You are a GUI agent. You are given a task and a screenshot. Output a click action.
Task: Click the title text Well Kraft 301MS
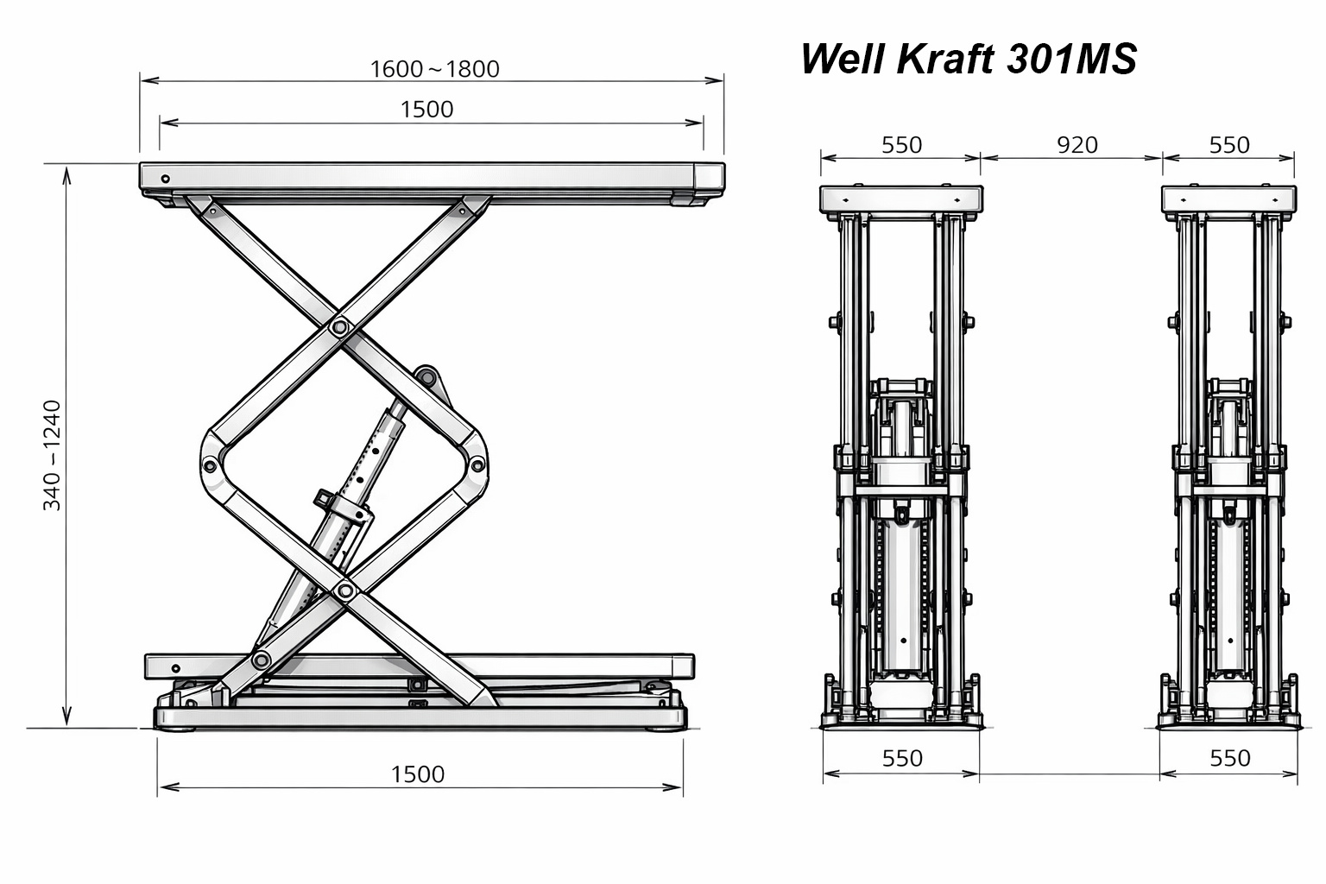pyautogui.click(x=969, y=59)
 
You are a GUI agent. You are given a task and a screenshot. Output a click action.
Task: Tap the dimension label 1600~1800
pyautogui.click(x=434, y=69)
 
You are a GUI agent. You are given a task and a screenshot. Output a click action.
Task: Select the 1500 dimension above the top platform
pyautogui.click(x=426, y=110)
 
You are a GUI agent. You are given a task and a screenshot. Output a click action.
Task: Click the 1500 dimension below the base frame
pyautogui.click(x=418, y=774)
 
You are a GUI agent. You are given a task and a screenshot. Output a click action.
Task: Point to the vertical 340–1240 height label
pyautogui.click(x=52, y=455)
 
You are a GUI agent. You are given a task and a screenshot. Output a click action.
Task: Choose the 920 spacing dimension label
pyautogui.click(x=1077, y=145)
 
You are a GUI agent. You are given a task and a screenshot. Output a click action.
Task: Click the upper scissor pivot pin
pyautogui.click(x=340, y=326)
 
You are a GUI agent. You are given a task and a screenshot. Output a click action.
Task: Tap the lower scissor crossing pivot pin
pyautogui.click(x=344, y=590)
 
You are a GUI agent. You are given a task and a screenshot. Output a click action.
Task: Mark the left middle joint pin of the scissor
pyautogui.click(x=210, y=464)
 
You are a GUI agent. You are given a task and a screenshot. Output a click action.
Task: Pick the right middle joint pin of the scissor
pyautogui.click(x=477, y=464)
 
